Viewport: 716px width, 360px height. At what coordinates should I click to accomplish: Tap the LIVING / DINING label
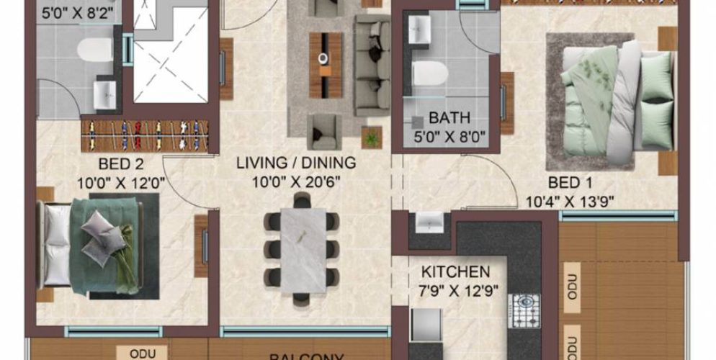coord(295,163)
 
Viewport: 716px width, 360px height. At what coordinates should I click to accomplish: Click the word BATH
coord(449,117)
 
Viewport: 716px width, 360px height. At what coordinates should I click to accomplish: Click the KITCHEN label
coord(455,273)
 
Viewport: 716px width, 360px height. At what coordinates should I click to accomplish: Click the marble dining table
coord(302,250)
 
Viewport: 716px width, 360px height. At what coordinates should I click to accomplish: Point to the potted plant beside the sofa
coord(372,137)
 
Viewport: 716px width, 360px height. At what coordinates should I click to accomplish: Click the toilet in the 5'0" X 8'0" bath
coord(430,73)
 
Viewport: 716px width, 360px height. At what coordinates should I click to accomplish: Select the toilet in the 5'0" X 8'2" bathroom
coord(94,50)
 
